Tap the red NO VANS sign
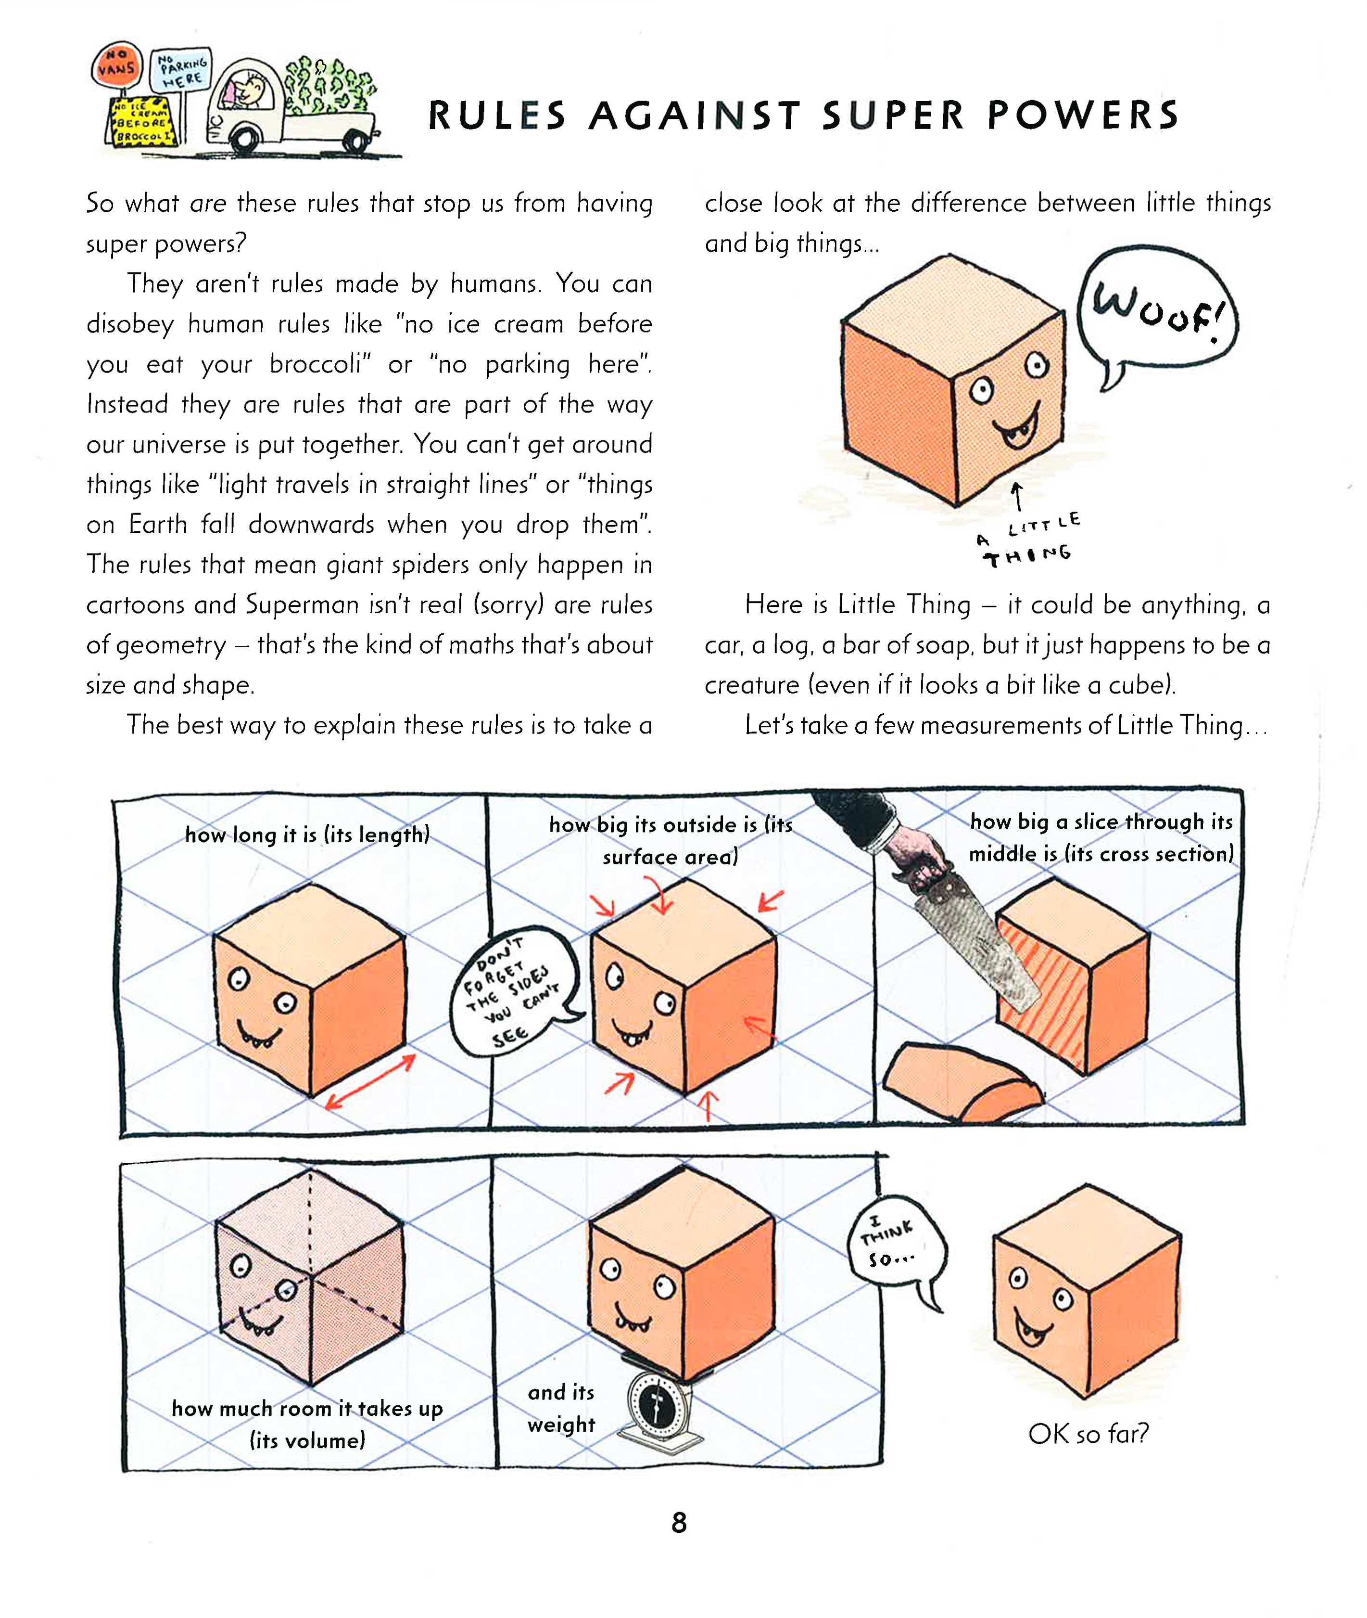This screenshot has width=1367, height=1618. (116, 65)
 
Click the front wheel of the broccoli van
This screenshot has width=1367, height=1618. (244, 141)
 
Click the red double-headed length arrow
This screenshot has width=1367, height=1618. (370, 1081)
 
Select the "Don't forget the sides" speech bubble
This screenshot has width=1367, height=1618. (513, 992)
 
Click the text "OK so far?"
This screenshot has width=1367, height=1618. (1088, 1434)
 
